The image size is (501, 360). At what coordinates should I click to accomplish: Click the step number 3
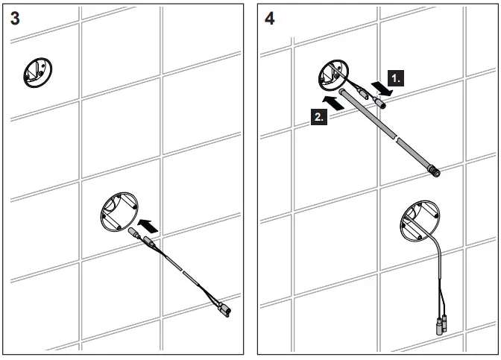click(16, 19)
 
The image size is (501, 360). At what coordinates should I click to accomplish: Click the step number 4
click(269, 19)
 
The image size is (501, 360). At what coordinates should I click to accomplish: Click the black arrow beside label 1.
click(382, 88)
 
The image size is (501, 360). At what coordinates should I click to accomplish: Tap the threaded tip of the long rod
click(435, 172)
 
